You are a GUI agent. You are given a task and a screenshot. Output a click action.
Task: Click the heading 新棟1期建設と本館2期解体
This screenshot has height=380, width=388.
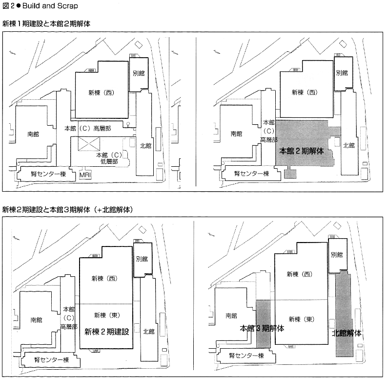pyautogui.click(x=46, y=23)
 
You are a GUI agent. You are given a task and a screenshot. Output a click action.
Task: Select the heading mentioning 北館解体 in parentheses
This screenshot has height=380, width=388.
pyautogui.click(x=68, y=209)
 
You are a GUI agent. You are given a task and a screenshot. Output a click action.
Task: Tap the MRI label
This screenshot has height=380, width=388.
pyautogui.click(x=86, y=174)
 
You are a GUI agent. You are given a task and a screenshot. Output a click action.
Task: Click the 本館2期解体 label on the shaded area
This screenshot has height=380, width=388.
pyautogui.click(x=301, y=151)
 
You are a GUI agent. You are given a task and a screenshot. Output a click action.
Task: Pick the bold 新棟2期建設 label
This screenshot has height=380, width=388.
pyautogui.click(x=106, y=331)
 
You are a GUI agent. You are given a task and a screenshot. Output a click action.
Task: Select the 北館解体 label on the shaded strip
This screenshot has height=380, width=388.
pyautogui.click(x=347, y=333)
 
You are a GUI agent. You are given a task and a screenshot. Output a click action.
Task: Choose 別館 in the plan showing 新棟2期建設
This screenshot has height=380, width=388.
pyautogui.click(x=142, y=259)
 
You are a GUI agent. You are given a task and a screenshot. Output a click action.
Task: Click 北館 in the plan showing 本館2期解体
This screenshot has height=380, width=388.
pyautogui.click(x=348, y=145)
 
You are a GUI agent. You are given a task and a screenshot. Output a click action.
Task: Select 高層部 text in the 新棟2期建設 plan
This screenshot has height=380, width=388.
pyautogui.click(x=69, y=326)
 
